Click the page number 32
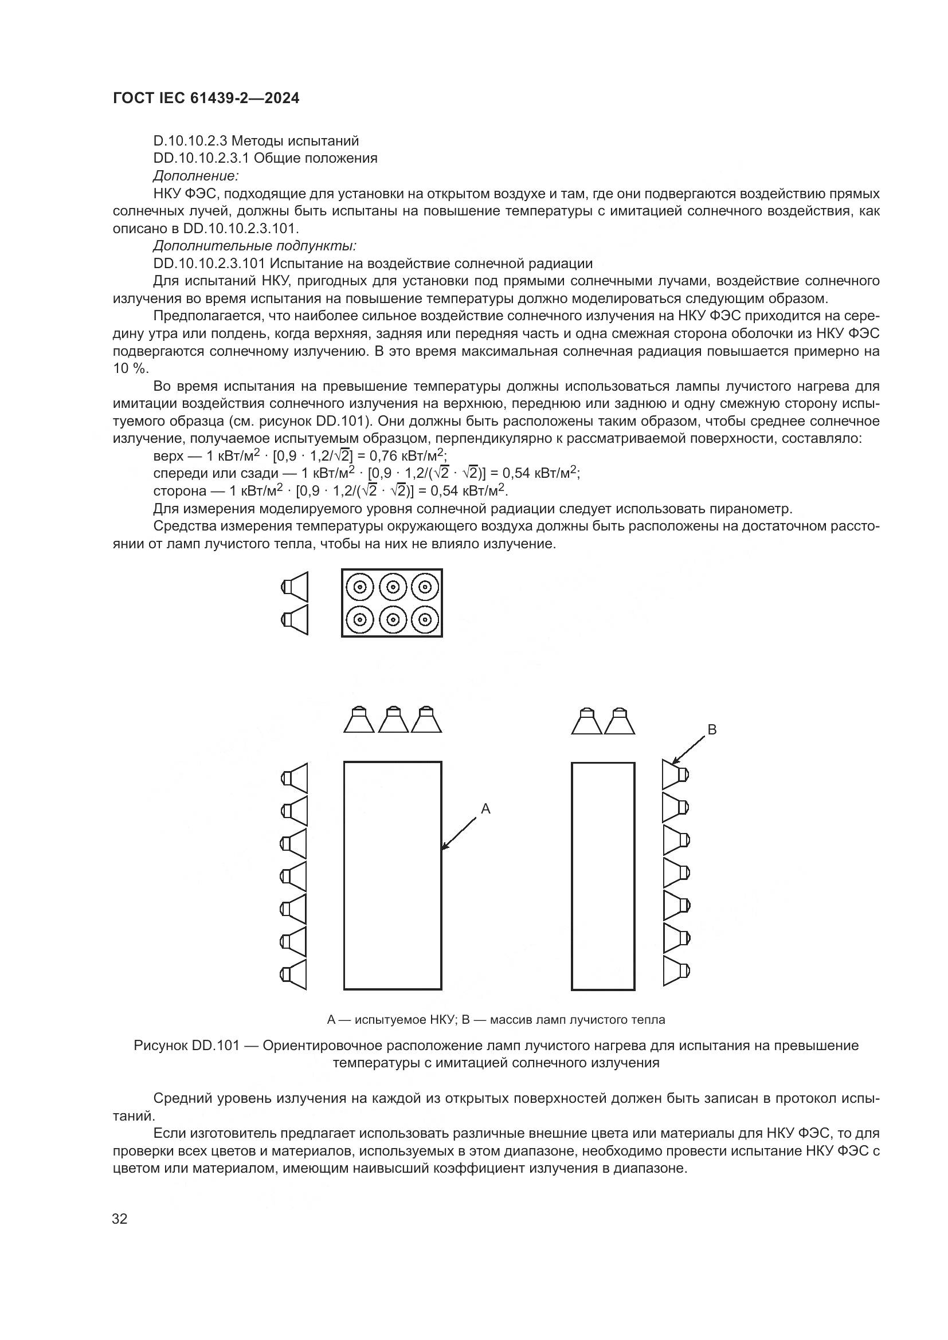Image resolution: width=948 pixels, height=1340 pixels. click(x=120, y=1219)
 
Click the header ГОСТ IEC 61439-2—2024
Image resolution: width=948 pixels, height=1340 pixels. click(x=206, y=98)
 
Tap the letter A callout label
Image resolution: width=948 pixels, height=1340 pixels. click(x=485, y=809)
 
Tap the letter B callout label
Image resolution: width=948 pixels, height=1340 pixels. click(x=712, y=729)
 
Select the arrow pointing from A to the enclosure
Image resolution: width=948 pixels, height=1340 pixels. click(x=460, y=833)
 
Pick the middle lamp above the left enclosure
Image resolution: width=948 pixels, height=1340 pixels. click(x=393, y=720)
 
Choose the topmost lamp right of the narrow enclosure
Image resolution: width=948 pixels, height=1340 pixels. click(x=675, y=775)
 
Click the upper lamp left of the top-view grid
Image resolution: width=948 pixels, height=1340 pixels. click(x=295, y=587)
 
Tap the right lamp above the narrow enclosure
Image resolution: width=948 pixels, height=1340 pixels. click(x=620, y=721)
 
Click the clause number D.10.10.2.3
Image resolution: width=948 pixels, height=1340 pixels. click(x=190, y=141)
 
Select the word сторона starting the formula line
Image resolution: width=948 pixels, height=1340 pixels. click(x=180, y=491)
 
